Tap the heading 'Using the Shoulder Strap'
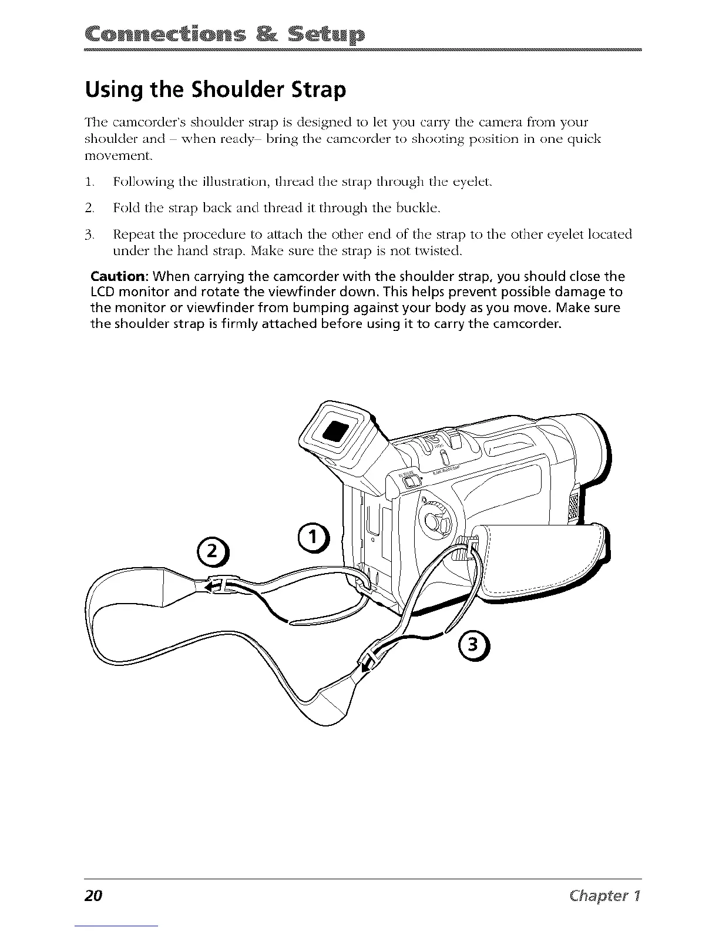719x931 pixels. point(216,91)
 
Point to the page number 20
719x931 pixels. point(93,896)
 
